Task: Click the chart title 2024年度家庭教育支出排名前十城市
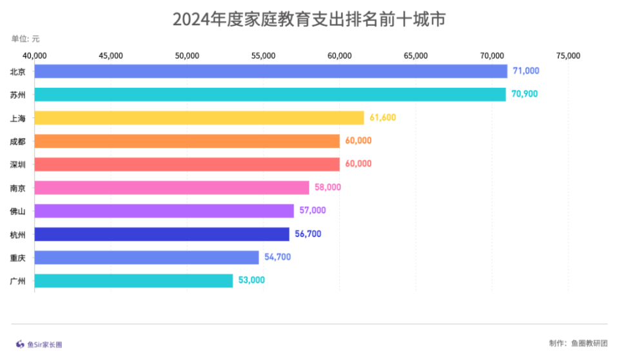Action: (309, 20)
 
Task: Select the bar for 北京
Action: (271, 71)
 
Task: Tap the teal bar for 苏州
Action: (270, 94)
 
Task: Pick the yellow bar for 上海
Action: (199, 117)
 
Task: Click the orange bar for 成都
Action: (187, 141)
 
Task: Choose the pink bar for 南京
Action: (172, 188)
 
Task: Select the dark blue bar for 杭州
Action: (162, 234)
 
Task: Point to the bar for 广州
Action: (133, 281)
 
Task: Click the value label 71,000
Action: (526, 71)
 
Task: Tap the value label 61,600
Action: (382, 117)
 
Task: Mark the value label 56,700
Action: (308, 234)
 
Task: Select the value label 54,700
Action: (277, 257)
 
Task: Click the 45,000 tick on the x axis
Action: (111, 56)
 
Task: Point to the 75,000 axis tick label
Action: (567, 56)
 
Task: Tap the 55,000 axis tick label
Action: (263, 56)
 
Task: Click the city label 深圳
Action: (18, 165)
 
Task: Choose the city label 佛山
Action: (18, 211)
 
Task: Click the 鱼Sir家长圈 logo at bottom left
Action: (39, 345)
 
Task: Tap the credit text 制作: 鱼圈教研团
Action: (578, 343)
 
